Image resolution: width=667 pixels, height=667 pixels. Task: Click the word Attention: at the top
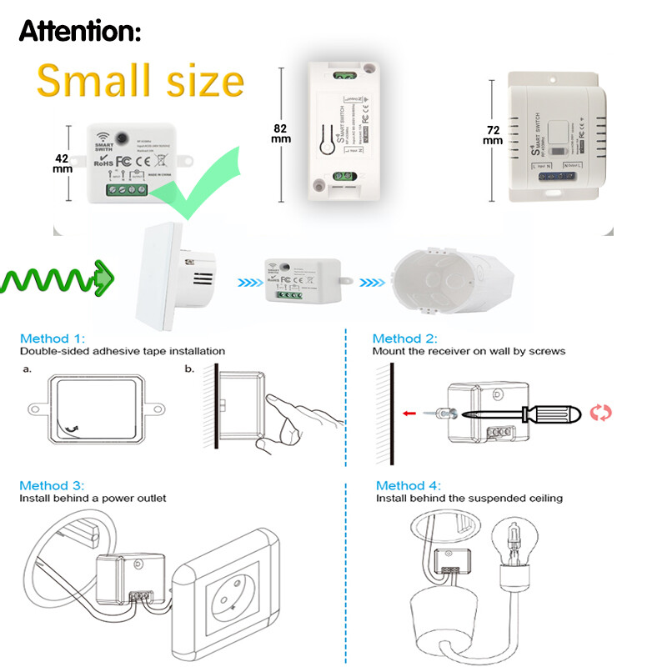click(x=80, y=32)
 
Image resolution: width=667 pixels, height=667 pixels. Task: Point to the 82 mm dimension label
click(x=281, y=134)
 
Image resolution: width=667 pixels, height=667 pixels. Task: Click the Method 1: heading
click(x=53, y=339)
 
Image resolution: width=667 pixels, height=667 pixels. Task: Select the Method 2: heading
click(x=404, y=339)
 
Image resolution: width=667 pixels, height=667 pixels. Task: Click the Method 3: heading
click(x=53, y=485)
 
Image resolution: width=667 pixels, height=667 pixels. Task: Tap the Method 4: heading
click(x=408, y=485)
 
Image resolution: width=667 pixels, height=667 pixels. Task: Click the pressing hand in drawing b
click(x=300, y=421)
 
